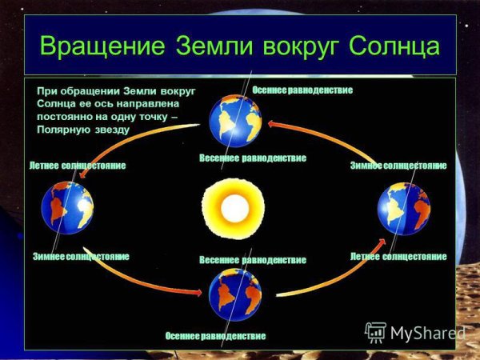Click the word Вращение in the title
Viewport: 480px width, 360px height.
pos(102,46)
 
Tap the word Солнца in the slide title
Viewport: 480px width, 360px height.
pos(394,46)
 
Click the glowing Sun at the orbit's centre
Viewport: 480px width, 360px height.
pos(234,208)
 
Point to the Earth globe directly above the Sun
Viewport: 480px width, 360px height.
pos(235,121)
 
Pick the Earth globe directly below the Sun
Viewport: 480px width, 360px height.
pos(235,294)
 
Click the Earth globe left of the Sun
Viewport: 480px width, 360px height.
pos(67,207)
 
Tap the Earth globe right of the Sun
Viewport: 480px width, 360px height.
pos(403,208)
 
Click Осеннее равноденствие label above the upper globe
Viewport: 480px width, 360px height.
pos(302,90)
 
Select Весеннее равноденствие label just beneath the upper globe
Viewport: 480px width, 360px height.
pos(252,158)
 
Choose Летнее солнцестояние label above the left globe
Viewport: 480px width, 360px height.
pos(78,166)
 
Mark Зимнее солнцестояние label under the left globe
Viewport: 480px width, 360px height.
pos(81,257)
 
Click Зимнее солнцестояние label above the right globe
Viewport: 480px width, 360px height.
pos(398,166)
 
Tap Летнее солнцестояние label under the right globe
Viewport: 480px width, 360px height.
pos(398,257)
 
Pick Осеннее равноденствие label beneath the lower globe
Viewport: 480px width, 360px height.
pos(215,335)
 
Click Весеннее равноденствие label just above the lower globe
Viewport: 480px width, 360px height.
pos(252,260)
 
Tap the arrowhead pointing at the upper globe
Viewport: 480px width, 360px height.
pos(272,122)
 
